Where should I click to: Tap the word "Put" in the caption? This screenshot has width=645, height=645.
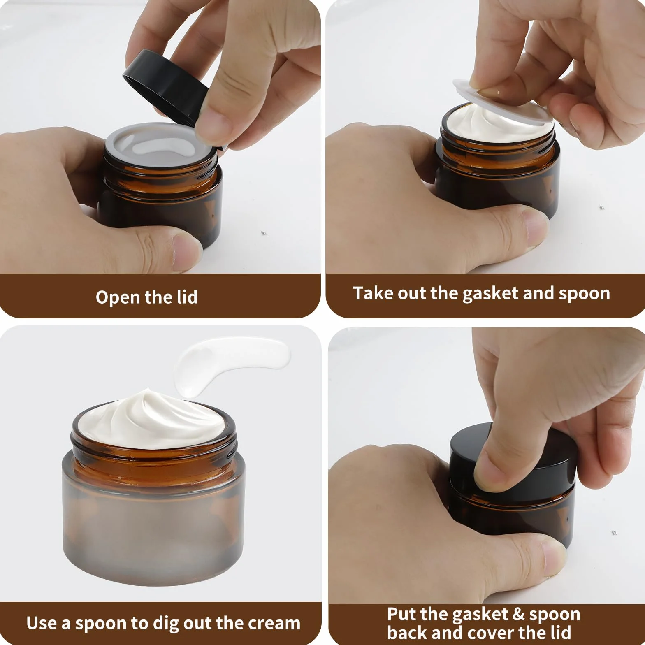coord(401,614)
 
